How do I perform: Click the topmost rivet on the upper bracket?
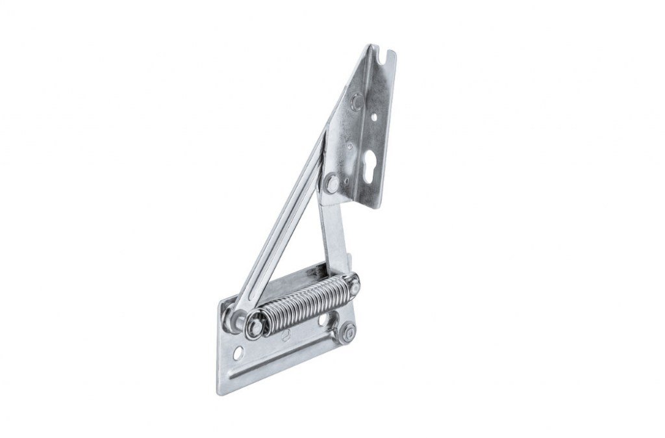point(356,102)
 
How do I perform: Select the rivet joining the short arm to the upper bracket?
point(332,184)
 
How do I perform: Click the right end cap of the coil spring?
point(353,282)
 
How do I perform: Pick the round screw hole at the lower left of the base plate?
point(238,354)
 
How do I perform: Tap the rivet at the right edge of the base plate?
point(347,333)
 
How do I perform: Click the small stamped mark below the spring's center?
point(286,335)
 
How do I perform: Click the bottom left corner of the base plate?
point(219,393)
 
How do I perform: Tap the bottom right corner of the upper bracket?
point(376,207)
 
